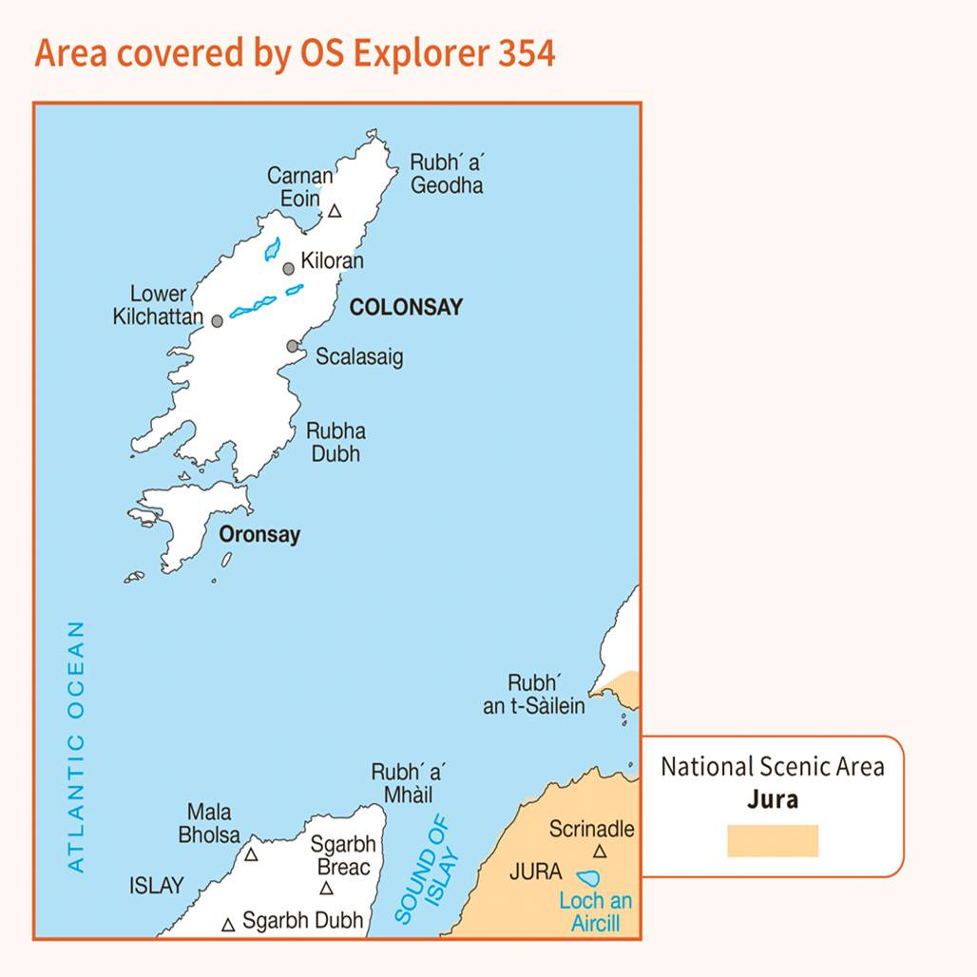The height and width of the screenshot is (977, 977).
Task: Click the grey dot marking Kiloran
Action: tap(289, 269)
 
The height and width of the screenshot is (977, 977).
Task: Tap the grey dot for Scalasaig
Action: tap(293, 346)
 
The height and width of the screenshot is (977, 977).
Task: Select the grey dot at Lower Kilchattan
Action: tap(217, 321)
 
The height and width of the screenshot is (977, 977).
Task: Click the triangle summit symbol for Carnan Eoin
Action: tap(335, 211)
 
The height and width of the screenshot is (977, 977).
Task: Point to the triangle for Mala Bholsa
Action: tap(251, 854)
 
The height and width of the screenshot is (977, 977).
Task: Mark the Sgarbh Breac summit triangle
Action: tap(326, 889)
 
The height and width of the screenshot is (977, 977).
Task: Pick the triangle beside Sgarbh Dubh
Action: tap(228, 924)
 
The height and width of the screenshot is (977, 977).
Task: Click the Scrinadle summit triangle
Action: tap(600, 852)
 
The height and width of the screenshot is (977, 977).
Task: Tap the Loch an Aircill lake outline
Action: tap(589, 879)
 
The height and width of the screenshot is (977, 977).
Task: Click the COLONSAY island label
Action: tap(406, 307)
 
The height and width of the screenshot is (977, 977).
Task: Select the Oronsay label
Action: tap(259, 534)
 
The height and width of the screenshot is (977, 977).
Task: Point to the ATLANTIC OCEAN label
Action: tap(77, 746)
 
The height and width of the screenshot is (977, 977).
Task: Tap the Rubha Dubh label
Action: tap(335, 442)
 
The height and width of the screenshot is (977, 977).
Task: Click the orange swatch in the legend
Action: tap(773, 841)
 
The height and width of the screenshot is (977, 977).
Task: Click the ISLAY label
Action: tap(157, 886)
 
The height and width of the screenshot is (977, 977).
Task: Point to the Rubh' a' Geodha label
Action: tap(446, 173)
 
